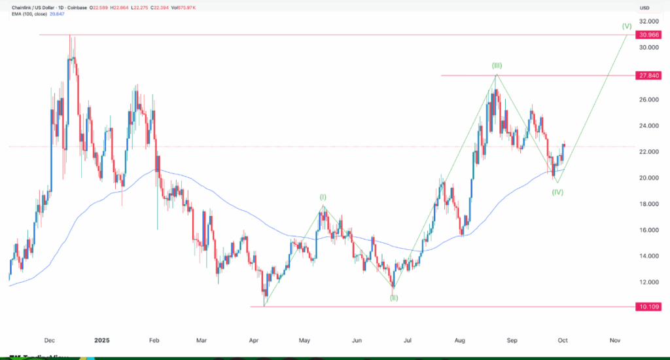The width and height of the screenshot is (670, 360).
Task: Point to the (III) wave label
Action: (x=497, y=65)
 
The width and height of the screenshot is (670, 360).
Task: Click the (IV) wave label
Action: (x=557, y=192)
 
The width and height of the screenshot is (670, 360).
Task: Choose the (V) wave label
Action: (x=626, y=26)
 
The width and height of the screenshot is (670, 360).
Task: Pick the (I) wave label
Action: (x=323, y=196)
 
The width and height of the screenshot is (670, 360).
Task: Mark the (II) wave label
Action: (x=394, y=298)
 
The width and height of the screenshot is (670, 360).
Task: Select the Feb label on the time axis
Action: (x=154, y=340)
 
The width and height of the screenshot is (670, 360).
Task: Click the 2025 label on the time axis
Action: (x=101, y=340)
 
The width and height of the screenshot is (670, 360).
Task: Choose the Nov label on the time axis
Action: (x=614, y=340)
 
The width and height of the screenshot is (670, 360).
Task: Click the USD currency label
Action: (x=644, y=7)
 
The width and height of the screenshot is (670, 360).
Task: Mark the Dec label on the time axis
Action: (x=49, y=340)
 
